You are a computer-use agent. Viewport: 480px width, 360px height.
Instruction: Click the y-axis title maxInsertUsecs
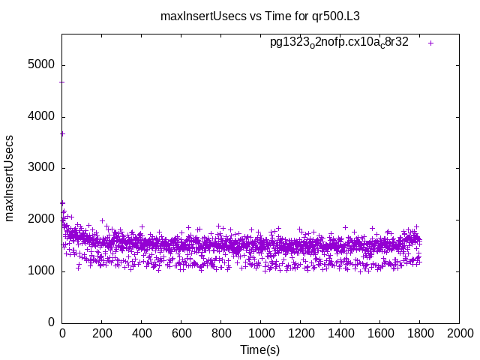[10, 178]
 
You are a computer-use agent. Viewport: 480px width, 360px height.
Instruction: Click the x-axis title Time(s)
[259, 349]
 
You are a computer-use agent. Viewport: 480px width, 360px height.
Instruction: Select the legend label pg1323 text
[339, 43]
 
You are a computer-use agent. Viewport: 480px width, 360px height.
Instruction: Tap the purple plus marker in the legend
[430, 43]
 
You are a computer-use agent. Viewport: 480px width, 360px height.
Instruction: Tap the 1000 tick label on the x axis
[260, 333]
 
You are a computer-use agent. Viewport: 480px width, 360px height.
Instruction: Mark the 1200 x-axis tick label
[300, 333]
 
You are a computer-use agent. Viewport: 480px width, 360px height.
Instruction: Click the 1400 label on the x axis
[340, 333]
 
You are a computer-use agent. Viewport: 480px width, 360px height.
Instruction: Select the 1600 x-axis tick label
[379, 333]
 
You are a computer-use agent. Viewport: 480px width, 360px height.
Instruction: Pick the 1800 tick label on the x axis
[419, 333]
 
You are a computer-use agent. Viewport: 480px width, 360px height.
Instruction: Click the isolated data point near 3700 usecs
[62, 133]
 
